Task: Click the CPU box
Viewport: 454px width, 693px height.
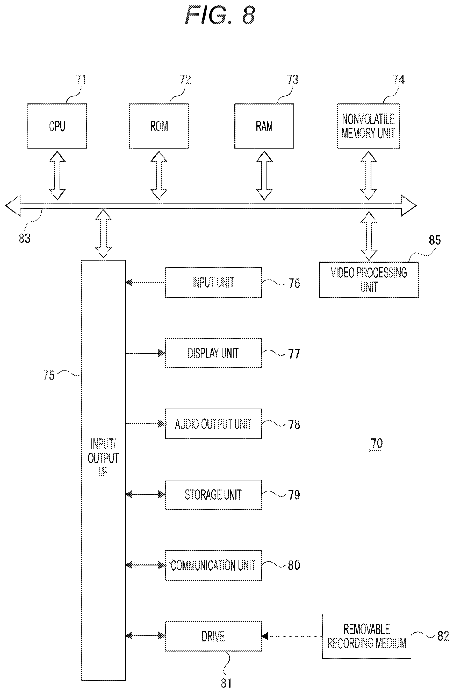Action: (57, 126)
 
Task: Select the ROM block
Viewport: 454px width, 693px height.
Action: (159, 126)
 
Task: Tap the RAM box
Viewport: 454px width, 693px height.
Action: (264, 126)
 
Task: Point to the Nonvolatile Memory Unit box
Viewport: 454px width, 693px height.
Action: (368, 126)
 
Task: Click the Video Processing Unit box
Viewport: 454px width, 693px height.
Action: (369, 279)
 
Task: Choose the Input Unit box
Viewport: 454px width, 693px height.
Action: (213, 282)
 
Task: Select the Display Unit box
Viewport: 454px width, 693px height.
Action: (213, 353)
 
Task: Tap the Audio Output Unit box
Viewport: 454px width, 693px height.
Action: (213, 424)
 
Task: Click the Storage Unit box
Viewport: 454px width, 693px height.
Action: (213, 494)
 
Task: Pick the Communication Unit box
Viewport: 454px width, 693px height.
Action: (213, 565)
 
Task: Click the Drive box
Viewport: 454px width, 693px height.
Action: (213, 636)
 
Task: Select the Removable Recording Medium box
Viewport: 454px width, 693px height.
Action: (366, 636)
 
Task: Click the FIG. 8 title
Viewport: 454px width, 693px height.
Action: (220, 15)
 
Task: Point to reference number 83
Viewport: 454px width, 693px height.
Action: (24, 238)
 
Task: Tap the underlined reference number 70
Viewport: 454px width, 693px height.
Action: (377, 443)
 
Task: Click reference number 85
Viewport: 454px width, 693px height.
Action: (435, 240)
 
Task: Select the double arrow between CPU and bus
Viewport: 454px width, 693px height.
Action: (57, 175)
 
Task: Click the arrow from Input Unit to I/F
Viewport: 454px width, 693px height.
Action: (145, 282)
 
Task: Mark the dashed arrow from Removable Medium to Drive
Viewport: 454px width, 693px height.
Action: (292, 636)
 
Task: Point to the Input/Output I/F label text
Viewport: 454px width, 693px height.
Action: (103, 458)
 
